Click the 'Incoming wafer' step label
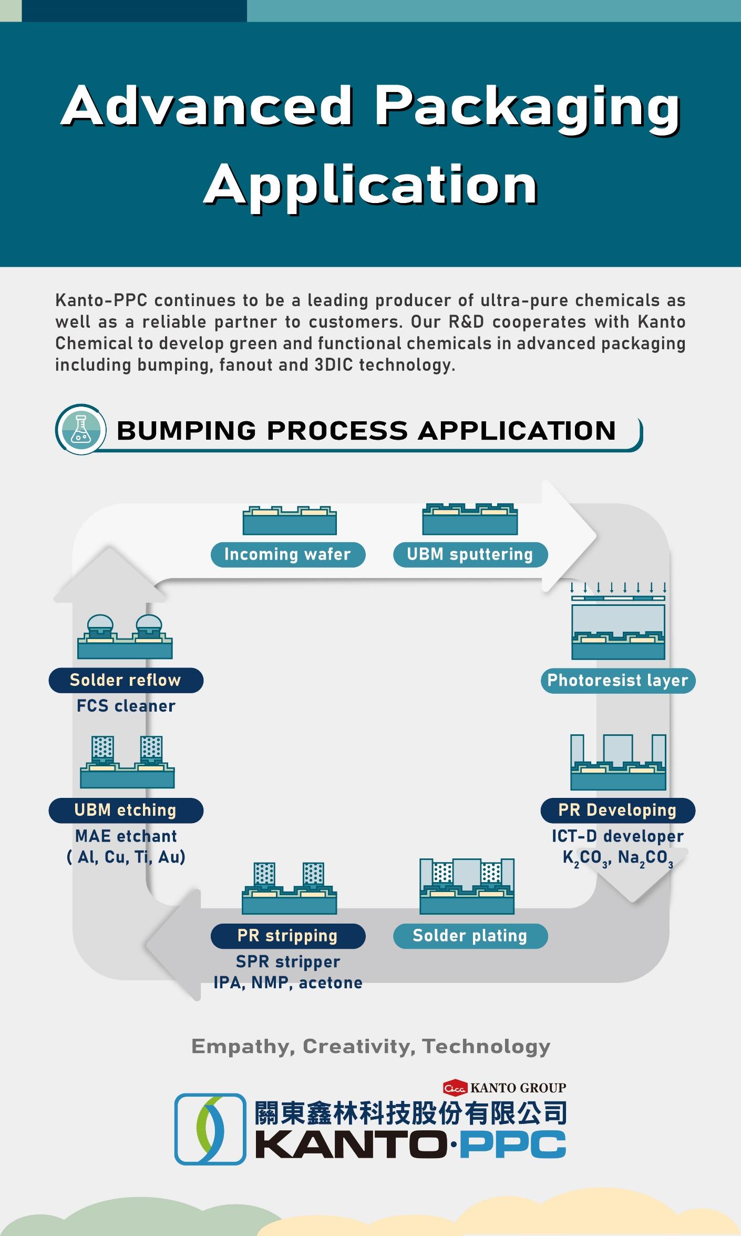[287, 554]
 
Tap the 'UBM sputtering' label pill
[470, 554]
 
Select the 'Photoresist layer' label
[617, 681]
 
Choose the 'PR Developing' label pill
[617, 811]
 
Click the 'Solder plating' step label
[470, 936]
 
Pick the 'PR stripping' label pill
[287, 936]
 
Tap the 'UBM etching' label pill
[126, 811]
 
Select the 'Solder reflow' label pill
[126, 681]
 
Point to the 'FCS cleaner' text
[126, 706]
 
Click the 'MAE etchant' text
[126, 836]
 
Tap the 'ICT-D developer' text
[617, 836]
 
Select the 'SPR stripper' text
[287, 962]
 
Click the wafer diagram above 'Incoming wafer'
[290, 520]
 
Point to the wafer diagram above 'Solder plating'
[467, 886]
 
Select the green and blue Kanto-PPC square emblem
[210, 1129]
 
